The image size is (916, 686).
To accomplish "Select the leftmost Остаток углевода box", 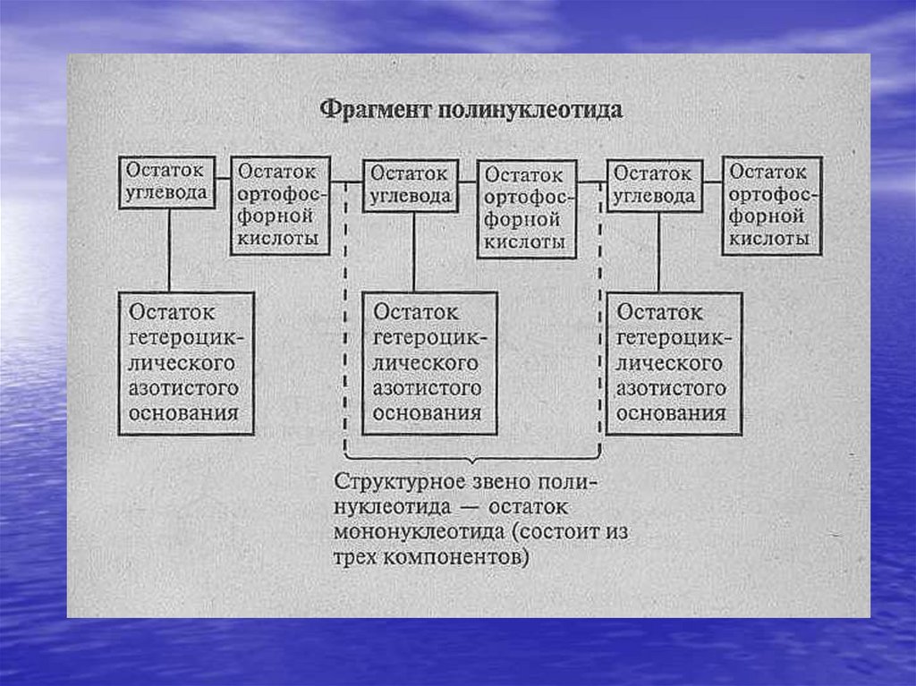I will click(166, 183).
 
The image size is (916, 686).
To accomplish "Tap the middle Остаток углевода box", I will click(411, 186).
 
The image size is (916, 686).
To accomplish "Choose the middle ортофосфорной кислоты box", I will click(525, 209).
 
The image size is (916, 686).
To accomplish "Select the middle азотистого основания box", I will click(428, 363).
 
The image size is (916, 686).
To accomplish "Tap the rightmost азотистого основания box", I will click(673, 363).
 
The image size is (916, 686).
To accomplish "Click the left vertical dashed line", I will click(346, 322).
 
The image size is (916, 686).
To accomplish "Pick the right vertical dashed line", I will click(598, 322).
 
